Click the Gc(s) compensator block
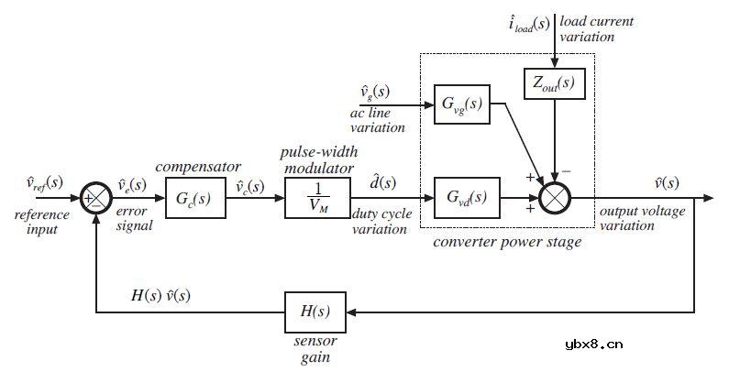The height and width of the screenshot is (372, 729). coord(189,198)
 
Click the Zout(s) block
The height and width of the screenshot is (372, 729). coord(553,83)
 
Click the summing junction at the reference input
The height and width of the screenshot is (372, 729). coord(96,198)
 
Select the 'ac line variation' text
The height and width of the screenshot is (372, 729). coord(377,120)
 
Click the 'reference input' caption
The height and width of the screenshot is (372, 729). coord(42,221)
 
